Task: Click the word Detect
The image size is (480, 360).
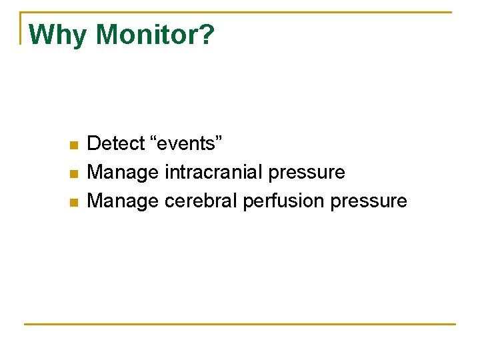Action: pos(116,143)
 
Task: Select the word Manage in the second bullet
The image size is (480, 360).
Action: pos(123,173)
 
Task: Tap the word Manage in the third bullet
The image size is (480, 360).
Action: pos(123,201)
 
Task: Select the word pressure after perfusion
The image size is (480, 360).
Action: pos(369,201)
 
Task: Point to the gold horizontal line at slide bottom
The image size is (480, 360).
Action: pos(240,325)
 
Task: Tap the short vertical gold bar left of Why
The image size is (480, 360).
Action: pos(21,28)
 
